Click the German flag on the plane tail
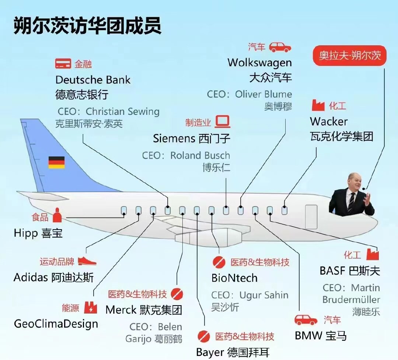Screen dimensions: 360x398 (56, 162)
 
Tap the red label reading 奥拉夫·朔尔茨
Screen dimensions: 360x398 (350, 56)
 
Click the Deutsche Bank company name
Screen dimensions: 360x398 (93, 80)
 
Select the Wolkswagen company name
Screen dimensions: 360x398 (259, 63)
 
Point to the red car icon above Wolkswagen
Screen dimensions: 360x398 (280, 47)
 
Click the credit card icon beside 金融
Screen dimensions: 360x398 (63, 64)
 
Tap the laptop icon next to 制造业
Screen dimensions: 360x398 (223, 121)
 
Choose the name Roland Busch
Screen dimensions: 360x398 (200, 155)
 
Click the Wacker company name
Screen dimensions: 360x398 (329, 121)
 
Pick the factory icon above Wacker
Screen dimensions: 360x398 (318, 106)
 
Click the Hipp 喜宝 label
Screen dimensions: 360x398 (38, 233)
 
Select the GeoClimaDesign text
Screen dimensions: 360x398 (56, 324)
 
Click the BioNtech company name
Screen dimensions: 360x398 (234, 278)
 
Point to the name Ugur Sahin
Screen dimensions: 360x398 (264, 295)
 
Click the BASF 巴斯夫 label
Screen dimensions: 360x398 (350, 271)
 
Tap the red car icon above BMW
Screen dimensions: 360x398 (306, 320)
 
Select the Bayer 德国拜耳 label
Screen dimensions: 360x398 (233, 352)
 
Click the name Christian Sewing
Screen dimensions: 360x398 (123, 111)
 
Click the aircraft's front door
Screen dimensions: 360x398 (311, 217)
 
